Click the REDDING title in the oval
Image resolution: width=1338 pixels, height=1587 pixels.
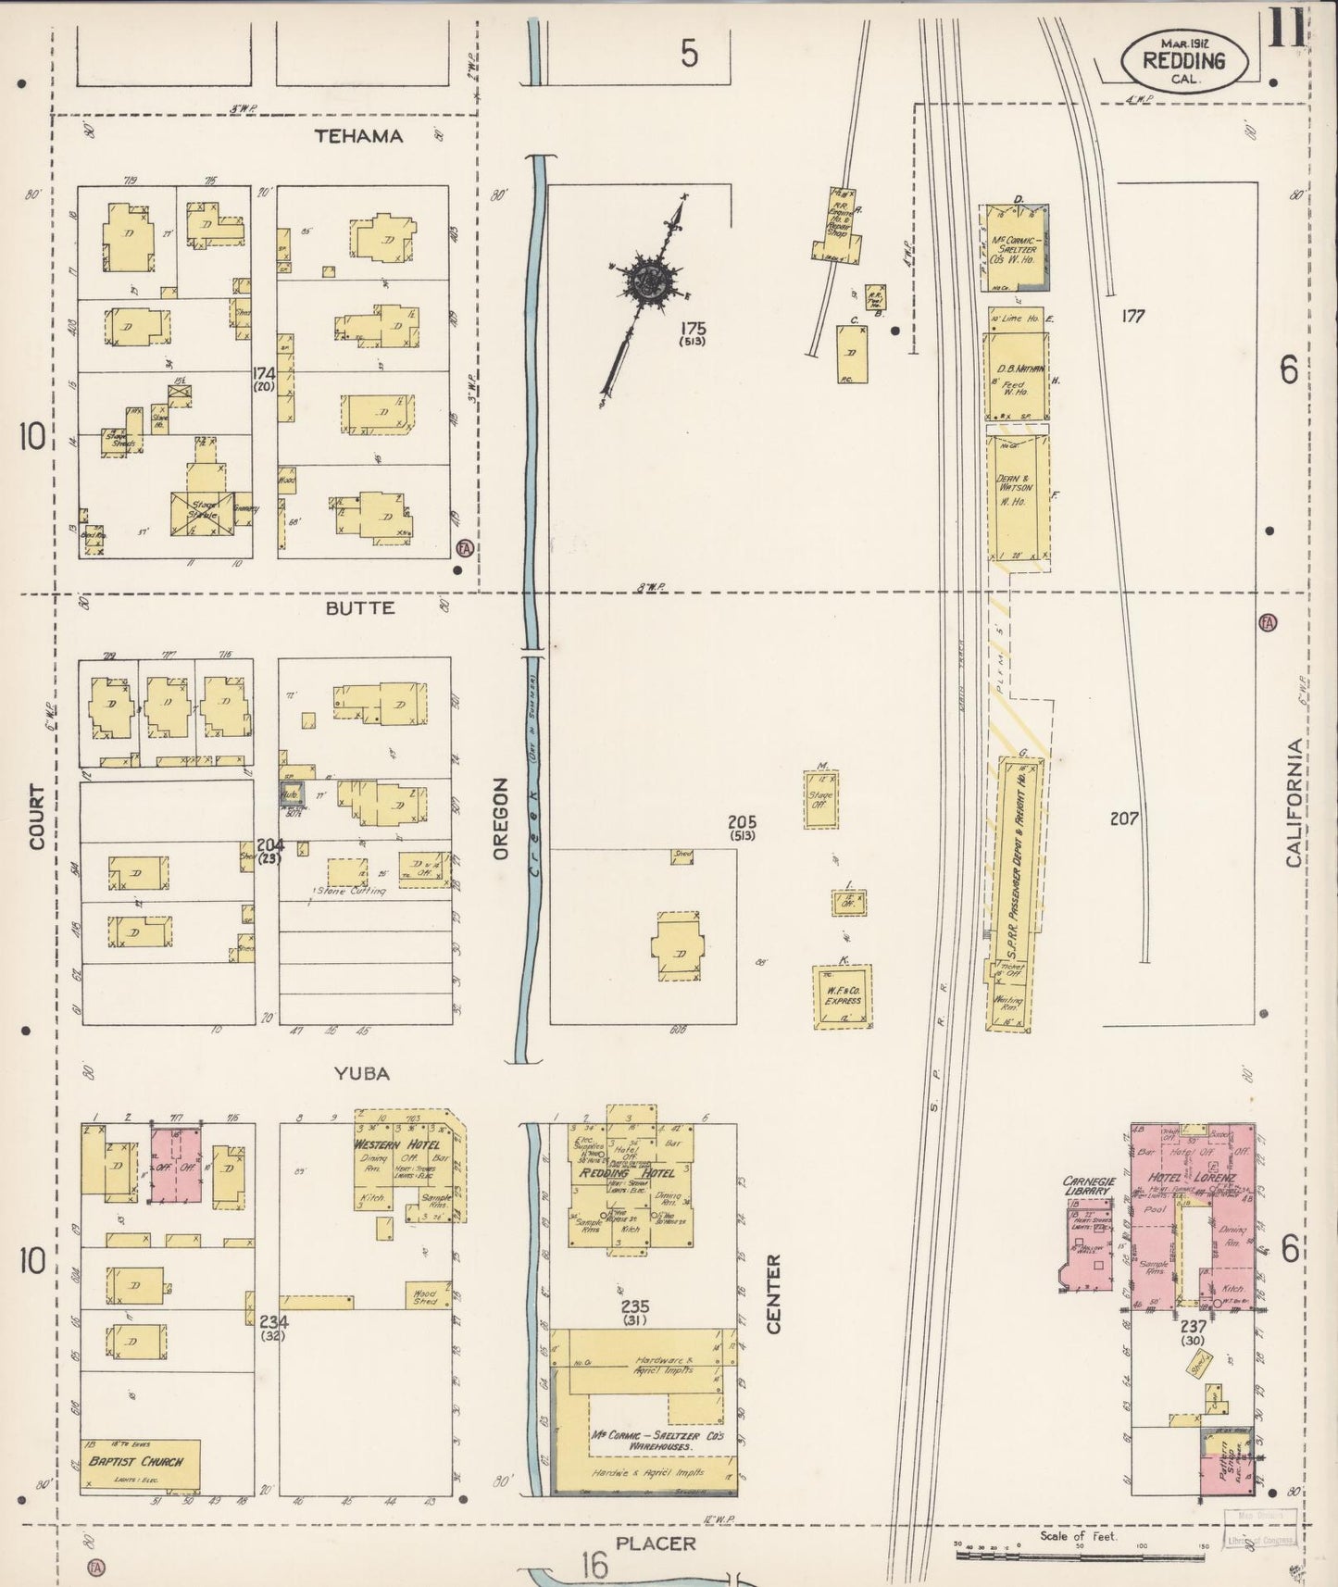(1184, 61)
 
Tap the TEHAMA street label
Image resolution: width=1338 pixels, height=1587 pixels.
(358, 136)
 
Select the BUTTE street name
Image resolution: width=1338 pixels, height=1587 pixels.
(360, 608)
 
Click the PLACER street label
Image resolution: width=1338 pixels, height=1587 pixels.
(655, 1543)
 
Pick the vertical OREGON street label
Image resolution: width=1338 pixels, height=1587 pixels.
(501, 819)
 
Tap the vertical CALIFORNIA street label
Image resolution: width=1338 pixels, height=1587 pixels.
(1294, 803)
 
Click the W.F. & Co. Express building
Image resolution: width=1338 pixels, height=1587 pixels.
(842, 997)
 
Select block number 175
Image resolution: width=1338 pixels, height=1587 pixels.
(691, 328)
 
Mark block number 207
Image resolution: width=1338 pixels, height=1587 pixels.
(1124, 818)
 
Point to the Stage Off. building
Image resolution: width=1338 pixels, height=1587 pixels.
(820, 800)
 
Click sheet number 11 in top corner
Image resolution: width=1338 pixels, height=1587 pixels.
(1286, 28)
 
